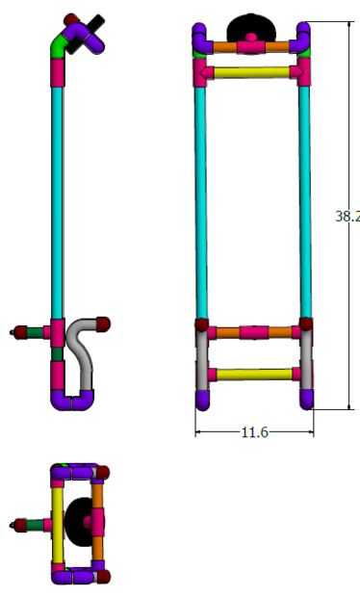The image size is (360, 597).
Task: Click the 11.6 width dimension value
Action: [x=254, y=432]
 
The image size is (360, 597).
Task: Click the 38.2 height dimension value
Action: [x=347, y=217]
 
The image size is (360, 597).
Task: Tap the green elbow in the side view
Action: [x=58, y=45]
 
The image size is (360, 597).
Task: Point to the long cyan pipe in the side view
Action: [x=57, y=202]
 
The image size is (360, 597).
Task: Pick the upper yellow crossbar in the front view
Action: [x=251, y=72]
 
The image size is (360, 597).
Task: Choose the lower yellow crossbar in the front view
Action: [x=254, y=375]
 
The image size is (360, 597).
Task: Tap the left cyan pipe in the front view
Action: [x=200, y=202]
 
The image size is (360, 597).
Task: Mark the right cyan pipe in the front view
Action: [x=305, y=202]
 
